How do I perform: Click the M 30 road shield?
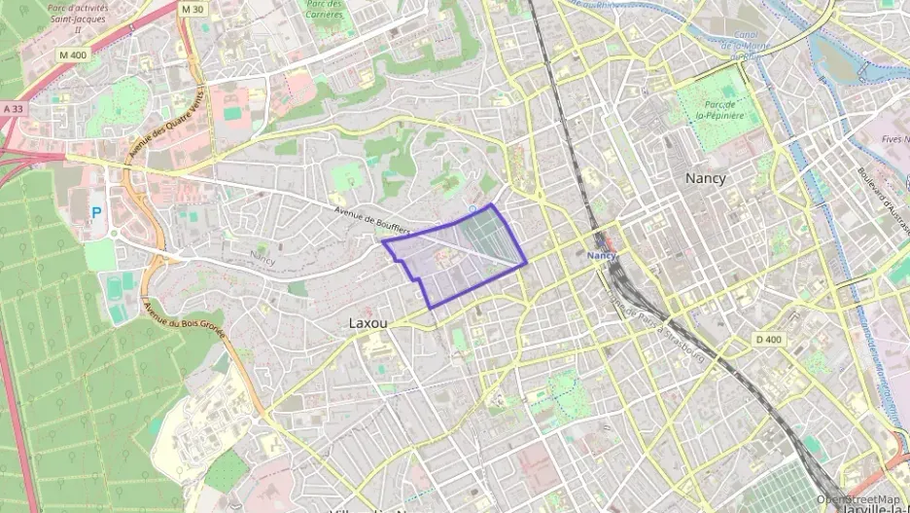coord(193,8)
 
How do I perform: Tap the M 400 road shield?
coord(72,55)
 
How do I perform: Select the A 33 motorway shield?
coord(12,109)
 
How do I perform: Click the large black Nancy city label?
coord(705,178)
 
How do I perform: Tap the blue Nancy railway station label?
coord(602,255)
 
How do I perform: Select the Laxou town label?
coord(368,322)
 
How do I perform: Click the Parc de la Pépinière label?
coord(719,109)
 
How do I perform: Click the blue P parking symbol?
coord(95,211)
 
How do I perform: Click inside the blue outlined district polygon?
coord(457,258)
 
